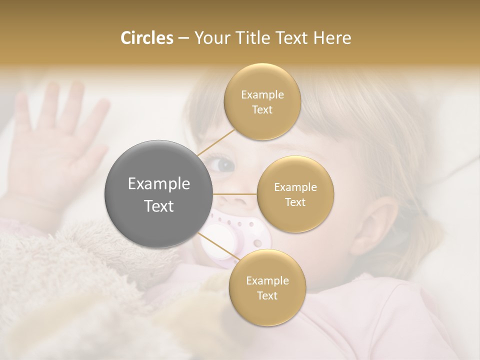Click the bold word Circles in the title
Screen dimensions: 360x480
[x=146, y=38]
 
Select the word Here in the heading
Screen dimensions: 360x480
[x=332, y=38]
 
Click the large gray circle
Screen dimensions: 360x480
[x=159, y=194]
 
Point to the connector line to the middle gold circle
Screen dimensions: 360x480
[x=235, y=193]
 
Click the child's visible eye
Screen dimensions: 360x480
[x=223, y=164]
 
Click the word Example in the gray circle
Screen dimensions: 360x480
[x=159, y=184]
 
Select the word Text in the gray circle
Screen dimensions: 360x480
[x=159, y=206]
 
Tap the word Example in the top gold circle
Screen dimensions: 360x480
[x=262, y=95]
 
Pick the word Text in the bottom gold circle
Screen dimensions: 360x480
[x=267, y=295]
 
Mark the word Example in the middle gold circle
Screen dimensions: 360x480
[x=295, y=187]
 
